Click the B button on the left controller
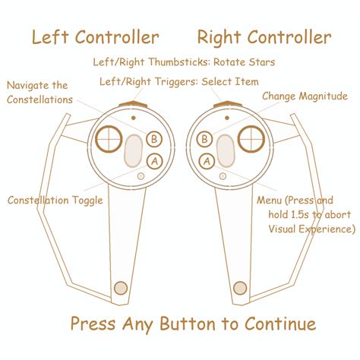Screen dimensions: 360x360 click(x=154, y=138)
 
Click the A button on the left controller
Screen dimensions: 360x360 click(x=154, y=160)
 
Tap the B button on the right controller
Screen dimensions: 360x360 click(x=205, y=138)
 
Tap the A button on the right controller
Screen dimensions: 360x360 click(x=206, y=160)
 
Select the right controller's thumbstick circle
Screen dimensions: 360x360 click(x=251, y=138)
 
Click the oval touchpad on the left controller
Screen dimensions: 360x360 click(x=134, y=150)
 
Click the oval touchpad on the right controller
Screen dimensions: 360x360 click(x=226, y=150)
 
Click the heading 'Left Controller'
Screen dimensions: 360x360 click(x=95, y=37)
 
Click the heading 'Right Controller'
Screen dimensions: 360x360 click(x=264, y=37)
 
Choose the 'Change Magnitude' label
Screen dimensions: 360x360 click(x=305, y=96)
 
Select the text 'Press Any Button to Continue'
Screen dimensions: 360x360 click(x=193, y=324)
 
